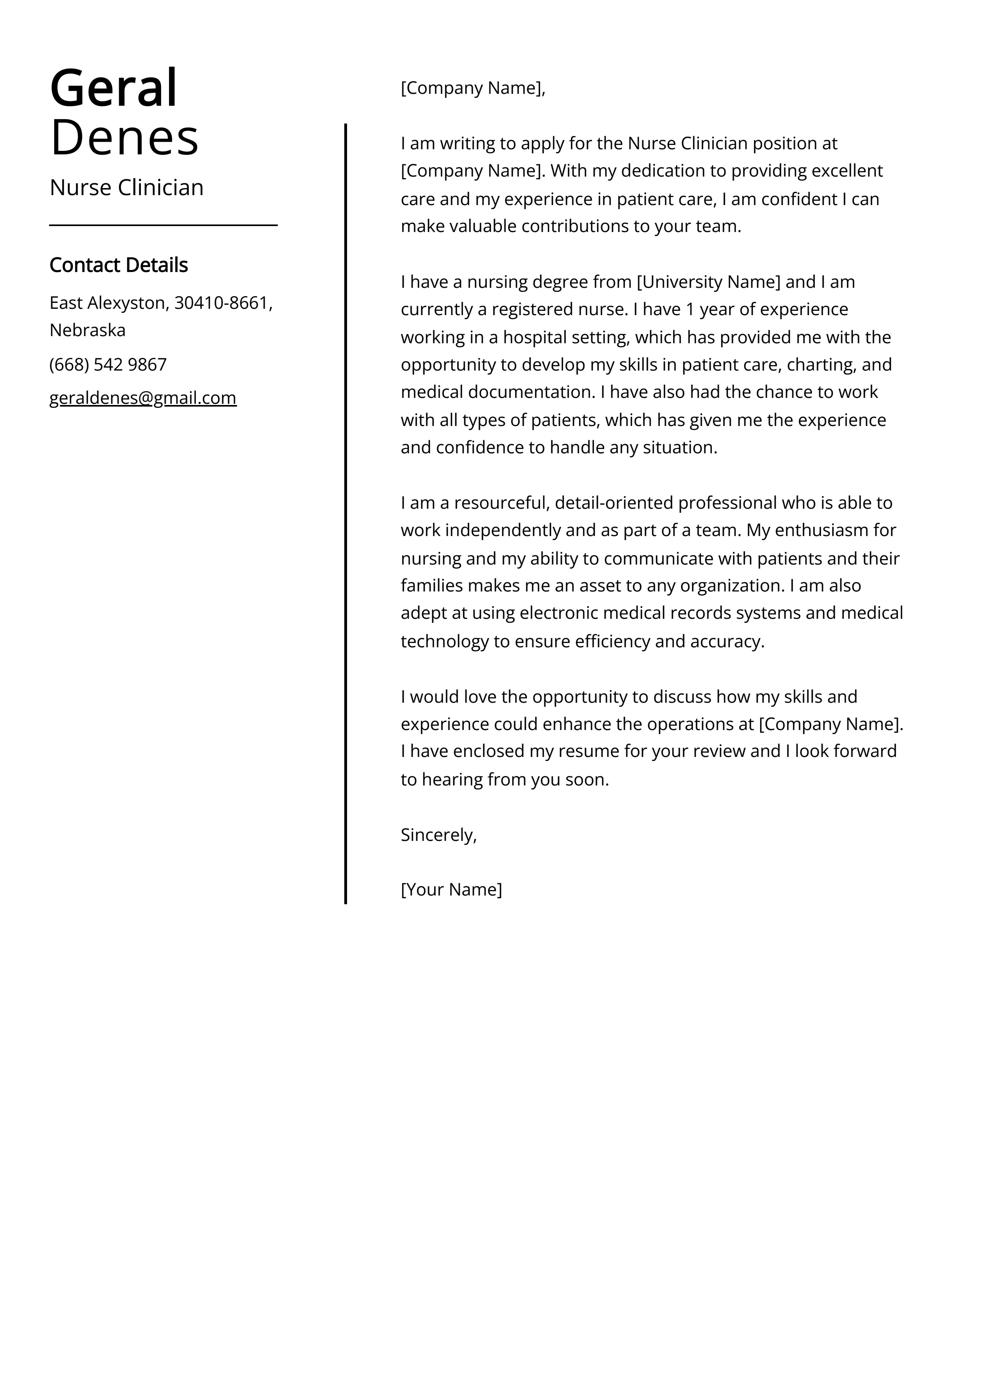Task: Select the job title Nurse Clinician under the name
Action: (126, 187)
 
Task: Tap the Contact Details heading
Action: (118, 265)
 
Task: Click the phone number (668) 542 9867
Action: (108, 365)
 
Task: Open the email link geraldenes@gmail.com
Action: (142, 398)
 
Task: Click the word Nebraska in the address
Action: (87, 330)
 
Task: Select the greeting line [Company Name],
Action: (472, 88)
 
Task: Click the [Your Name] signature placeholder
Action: (451, 889)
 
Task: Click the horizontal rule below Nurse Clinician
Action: (163, 226)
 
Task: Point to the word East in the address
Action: (66, 303)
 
